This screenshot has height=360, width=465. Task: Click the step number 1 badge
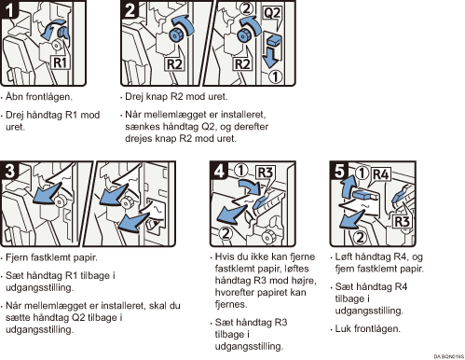(9, 9)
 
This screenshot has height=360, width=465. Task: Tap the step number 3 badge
(9, 171)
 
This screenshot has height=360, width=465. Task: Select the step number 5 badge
(339, 171)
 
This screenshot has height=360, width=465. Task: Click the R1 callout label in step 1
(61, 62)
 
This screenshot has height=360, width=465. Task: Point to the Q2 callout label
(272, 13)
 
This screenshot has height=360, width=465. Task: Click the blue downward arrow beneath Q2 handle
(269, 56)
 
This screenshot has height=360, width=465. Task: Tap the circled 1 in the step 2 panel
(275, 76)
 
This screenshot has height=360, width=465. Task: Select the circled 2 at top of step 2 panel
(246, 8)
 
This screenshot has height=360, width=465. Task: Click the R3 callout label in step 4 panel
(265, 173)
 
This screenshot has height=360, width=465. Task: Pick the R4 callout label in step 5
(381, 174)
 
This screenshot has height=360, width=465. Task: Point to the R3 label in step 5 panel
(402, 221)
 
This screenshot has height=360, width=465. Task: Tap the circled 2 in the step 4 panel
(226, 233)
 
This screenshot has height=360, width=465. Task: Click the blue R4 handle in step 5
(362, 194)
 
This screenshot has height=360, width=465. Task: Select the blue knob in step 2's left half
(176, 35)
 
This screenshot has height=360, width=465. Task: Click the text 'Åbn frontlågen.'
(39, 97)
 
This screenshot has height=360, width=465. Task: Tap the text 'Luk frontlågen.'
(368, 328)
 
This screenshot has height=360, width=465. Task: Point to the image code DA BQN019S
(448, 356)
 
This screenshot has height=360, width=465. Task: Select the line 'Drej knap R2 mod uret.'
(176, 97)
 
